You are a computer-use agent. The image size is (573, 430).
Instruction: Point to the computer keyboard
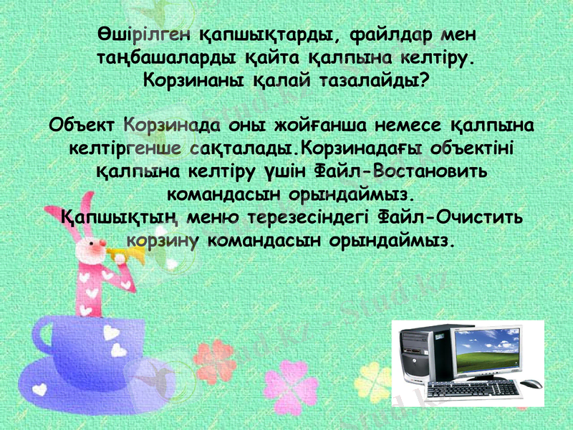point(473,388)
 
